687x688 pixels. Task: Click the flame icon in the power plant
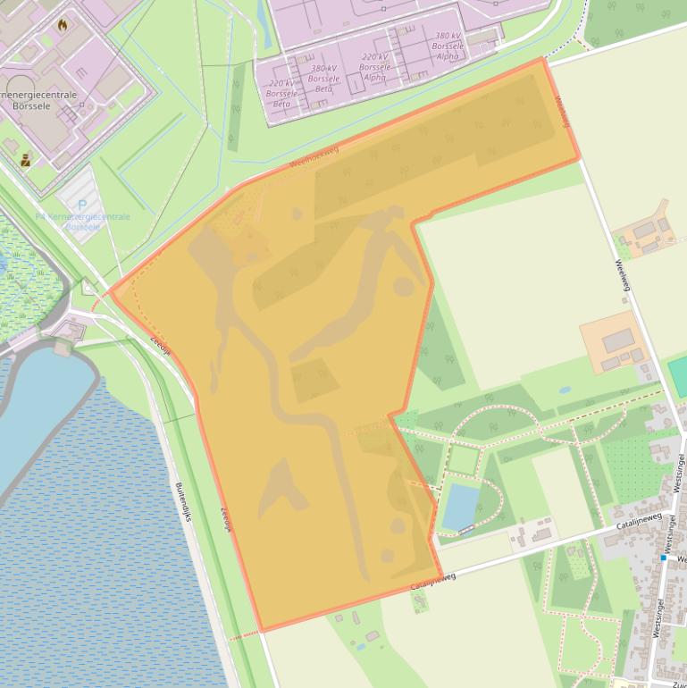point(62,25)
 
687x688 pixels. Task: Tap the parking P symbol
point(82,206)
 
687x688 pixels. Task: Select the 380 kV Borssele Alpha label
point(448,46)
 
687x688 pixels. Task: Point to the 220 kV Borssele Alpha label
point(375,67)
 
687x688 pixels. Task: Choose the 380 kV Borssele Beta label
point(323,79)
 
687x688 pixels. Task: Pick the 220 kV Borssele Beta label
point(281,93)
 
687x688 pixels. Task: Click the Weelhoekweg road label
point(314,157)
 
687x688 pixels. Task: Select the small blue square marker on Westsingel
point(664,558)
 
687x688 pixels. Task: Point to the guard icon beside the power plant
point(25,161)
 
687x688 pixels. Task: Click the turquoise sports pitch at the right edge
point(678,376)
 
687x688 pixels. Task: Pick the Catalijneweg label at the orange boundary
point(433,581)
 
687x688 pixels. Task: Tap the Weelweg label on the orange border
point(562,112)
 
